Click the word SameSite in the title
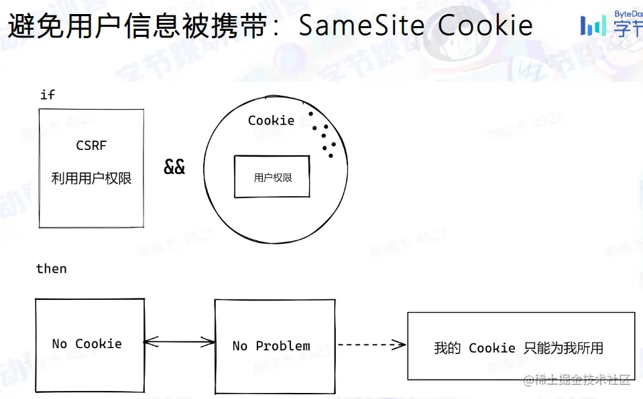361,25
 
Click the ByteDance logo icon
593,25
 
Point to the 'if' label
47,94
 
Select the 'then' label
52,268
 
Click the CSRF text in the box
91,145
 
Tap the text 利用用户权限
91,178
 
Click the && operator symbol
174,167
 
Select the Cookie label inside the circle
271,121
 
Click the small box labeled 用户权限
272,177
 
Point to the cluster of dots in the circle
323,135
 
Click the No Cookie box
89,345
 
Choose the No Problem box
275,346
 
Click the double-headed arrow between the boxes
179,343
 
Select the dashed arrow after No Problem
371,345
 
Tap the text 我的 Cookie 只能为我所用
518,348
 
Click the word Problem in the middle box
283,346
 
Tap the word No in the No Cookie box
60,344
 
